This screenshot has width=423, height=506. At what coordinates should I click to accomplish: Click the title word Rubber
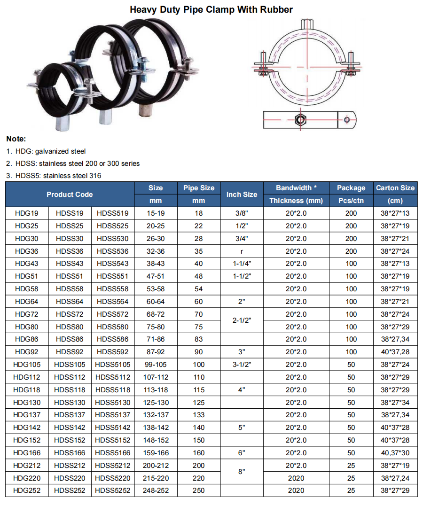(276, 10)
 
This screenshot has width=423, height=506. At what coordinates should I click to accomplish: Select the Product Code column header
(70, 194)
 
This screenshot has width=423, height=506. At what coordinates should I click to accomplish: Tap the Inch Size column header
(242, 194)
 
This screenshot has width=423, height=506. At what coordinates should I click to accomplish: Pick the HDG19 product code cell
(27, 213)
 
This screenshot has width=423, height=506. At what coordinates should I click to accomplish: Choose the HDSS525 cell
(113, 226)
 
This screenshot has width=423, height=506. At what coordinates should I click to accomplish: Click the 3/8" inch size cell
(242, 213)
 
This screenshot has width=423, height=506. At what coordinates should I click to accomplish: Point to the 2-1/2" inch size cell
(242, 320)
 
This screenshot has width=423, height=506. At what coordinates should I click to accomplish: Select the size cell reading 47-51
(156, 276)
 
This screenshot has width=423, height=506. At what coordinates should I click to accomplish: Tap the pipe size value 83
(199, 339)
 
